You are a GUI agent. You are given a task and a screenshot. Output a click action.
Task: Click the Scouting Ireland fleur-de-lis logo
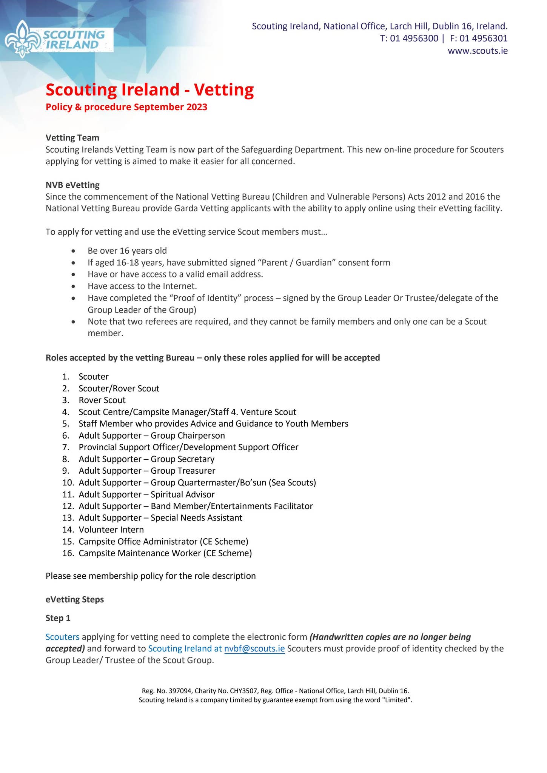click(x=23, y=39)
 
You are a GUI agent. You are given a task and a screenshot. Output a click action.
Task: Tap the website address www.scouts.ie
click(x=478, y=51)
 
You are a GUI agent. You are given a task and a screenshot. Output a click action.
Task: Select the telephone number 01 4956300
click(x=414, y=38)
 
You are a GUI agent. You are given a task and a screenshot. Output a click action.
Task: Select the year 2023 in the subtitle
click(x=197, y=107)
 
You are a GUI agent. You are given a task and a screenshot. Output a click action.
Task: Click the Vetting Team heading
click(x=72, y=138)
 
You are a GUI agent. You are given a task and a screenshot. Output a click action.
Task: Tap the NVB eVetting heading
click(x=72, y=185)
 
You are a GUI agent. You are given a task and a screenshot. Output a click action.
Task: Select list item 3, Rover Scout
click(x=102, y=400)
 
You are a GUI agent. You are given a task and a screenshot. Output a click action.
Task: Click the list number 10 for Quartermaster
click(x=68, y=482)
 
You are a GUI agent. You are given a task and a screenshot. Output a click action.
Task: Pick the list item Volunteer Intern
click(x=111, y=530)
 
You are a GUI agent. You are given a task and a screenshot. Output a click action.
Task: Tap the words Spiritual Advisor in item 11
click(x=182, y=494)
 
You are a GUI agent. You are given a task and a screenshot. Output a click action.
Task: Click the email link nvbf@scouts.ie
click(x=254, y=648)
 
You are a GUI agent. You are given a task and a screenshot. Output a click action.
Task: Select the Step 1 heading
click(x=58, y=618)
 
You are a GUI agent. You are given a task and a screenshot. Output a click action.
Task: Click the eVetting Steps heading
click(x=74, y=599)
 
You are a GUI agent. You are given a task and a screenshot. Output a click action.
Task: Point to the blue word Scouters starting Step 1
click(x=62, y=637)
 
